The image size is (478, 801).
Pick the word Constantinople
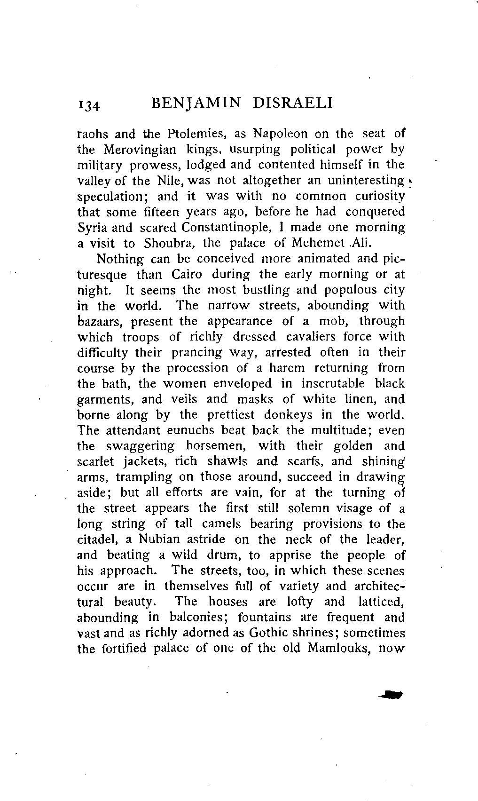coord(227,228)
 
